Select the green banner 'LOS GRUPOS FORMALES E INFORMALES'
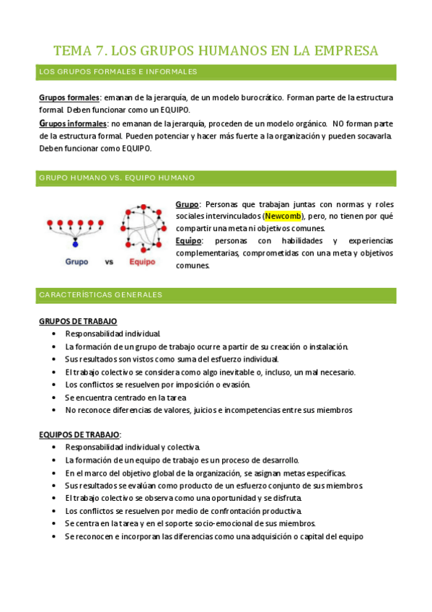216,72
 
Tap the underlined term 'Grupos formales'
69,97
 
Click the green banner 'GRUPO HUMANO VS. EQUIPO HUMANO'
216,178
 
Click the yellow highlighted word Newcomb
283,216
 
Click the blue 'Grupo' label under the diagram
76,262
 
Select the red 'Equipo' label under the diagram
141,262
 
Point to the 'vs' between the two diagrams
110,262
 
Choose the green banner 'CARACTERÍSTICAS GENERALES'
216,295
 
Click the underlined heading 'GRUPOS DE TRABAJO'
77,321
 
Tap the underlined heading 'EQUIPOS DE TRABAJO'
79,434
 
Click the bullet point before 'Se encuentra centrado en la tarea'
56,398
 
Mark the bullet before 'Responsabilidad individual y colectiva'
56,447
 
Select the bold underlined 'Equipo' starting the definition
189,240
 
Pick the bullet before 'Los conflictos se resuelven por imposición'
56,385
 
